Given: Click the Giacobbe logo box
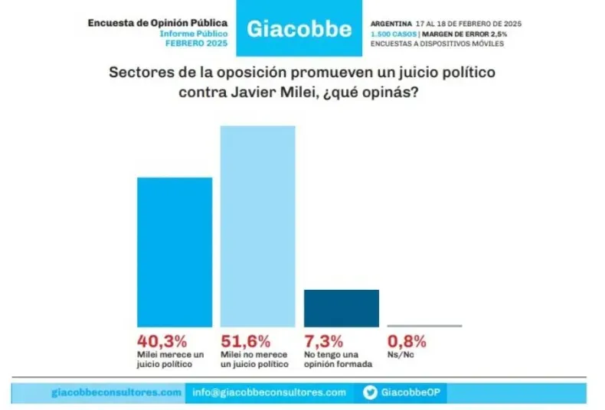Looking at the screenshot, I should tap(299, 29).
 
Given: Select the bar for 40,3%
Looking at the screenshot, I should tap(174, 252).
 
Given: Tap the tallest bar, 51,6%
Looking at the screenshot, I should tap(258, 226).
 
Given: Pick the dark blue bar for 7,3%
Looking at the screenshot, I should tap(342, 308).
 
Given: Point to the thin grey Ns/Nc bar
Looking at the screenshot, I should tap(424, 326).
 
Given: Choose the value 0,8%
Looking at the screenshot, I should tap(407, 342).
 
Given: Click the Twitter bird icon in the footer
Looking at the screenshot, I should tap(369, 392).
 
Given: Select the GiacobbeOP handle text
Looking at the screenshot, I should tap(411, 392).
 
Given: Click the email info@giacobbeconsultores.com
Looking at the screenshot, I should tap(269, 392).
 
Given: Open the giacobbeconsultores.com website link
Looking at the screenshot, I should tap(116, 392).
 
